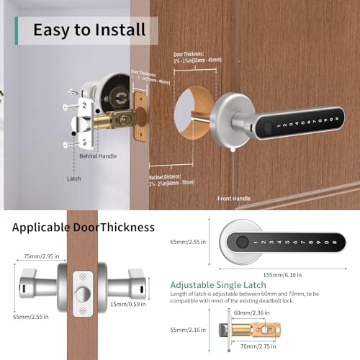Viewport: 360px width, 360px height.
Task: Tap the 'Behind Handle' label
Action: [x=98, y=156]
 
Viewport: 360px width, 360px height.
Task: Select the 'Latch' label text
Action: [x=75, y=179]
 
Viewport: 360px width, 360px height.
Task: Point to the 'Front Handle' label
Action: [x=235, y=197]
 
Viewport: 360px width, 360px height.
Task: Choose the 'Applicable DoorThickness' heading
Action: [x=84, y=228]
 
